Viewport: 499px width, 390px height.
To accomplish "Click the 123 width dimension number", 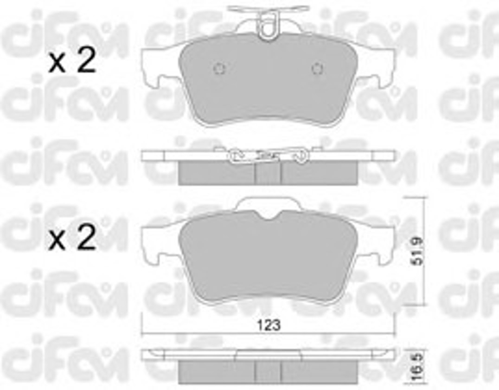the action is click(x=269, y=325).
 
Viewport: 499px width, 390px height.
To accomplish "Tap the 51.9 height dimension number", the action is click(x=417, y=250).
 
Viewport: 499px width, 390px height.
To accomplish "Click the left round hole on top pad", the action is click(x=219, y=69).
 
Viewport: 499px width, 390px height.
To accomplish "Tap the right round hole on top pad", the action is click(x=317, y=69).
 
